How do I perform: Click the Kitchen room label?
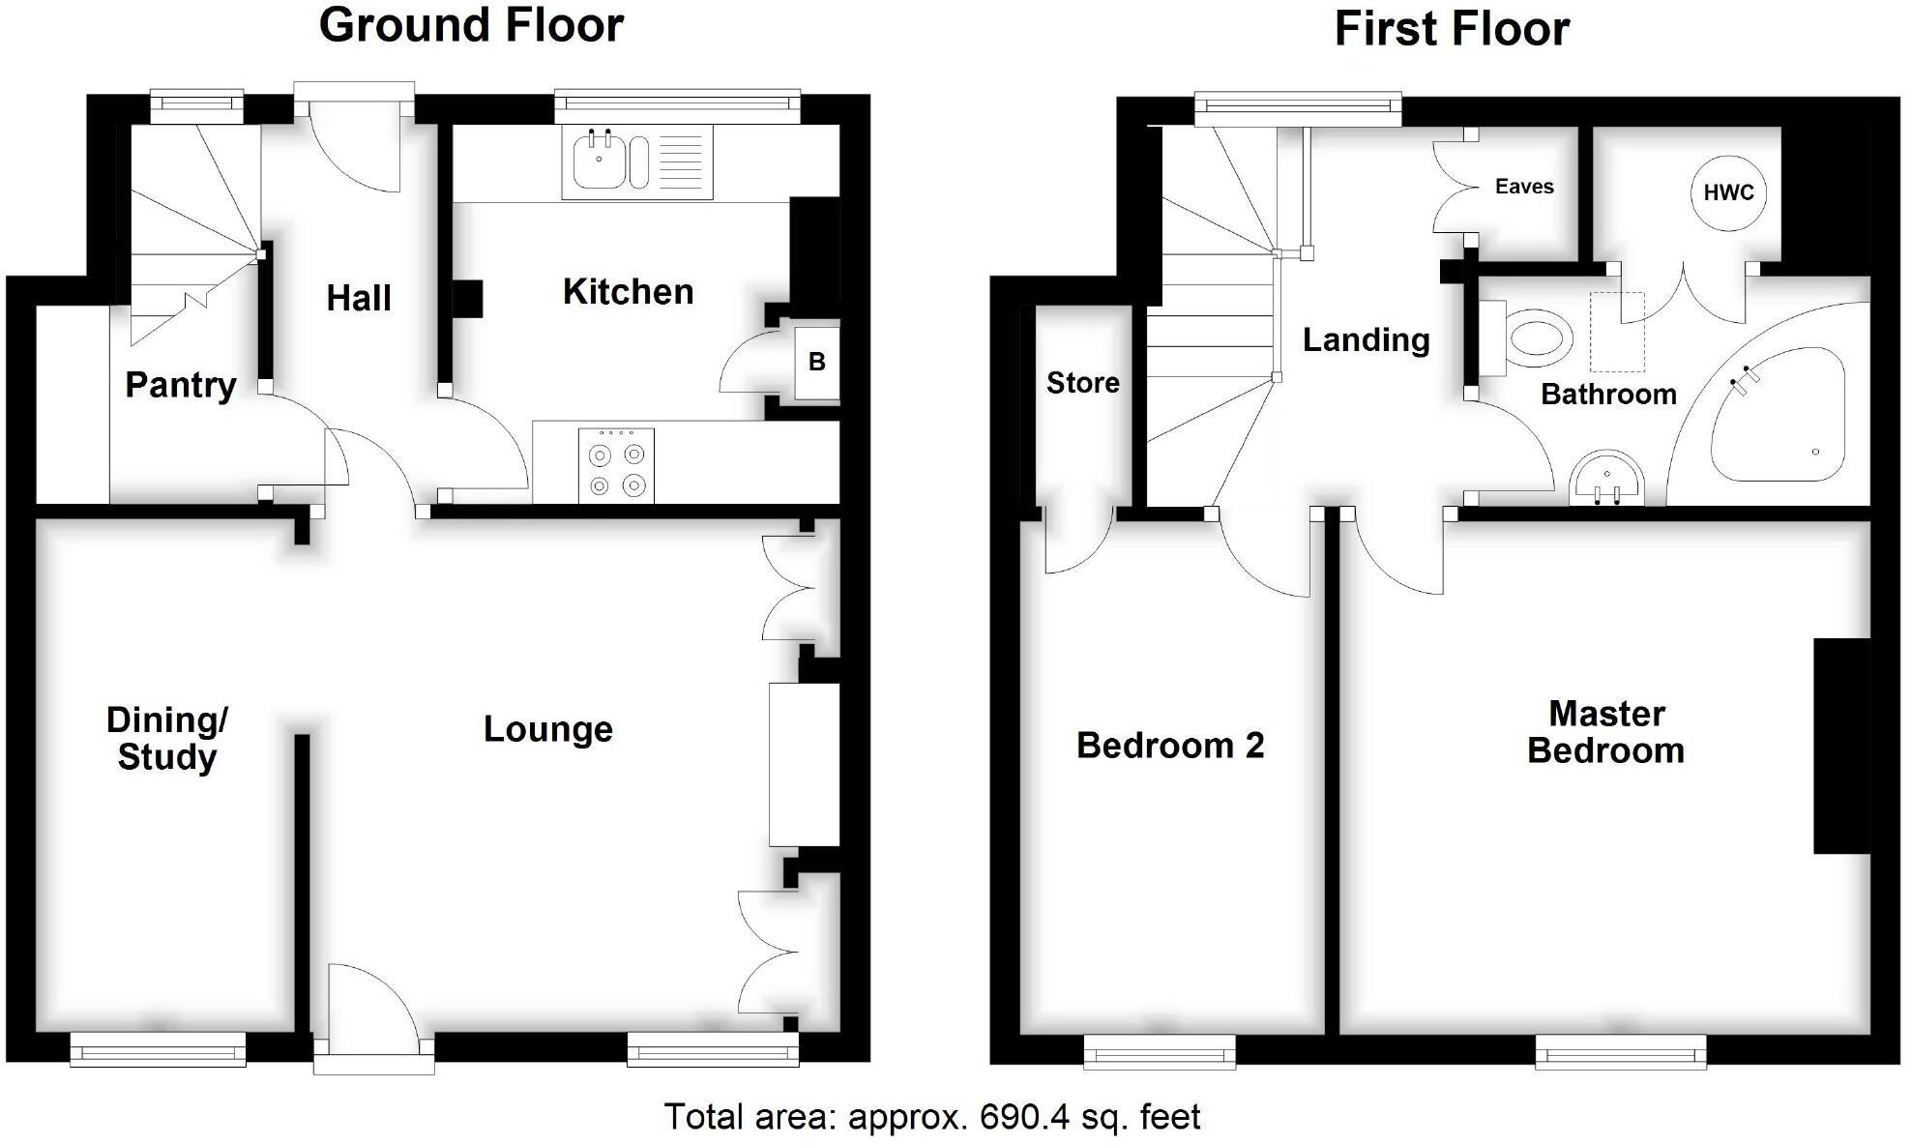point(628,292)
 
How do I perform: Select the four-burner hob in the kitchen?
point(616,466)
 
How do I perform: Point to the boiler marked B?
point(817,362)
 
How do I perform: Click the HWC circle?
point(1728,192)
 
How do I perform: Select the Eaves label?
point(1524,187)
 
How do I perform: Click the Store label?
point(1082,383)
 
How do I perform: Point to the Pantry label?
point(181,385)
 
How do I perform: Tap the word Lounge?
point(547,729)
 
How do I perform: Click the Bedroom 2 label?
point(1170,746)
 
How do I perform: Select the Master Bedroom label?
point(1605,732)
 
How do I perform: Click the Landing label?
point(1366,340)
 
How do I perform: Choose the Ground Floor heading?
point(471,25)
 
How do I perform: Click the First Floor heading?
point(1452,29)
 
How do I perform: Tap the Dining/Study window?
point(158,1048)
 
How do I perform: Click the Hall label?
point(359,298)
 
